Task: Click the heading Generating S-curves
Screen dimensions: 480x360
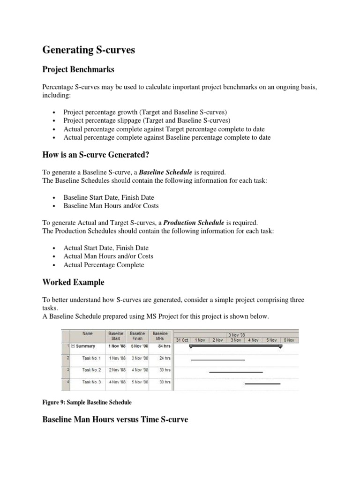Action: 89,50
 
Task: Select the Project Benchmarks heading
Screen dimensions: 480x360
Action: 78,69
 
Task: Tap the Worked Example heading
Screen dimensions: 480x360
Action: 73,282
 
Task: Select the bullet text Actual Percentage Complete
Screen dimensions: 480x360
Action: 104,265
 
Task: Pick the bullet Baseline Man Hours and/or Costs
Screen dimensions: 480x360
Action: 111,206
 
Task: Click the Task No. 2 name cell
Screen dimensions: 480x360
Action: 91,370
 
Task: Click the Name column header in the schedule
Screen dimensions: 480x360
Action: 88,333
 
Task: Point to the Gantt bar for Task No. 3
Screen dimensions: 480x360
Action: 262,383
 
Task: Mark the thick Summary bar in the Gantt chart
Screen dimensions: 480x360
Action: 235,346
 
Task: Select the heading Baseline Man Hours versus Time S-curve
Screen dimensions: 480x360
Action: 115,420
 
